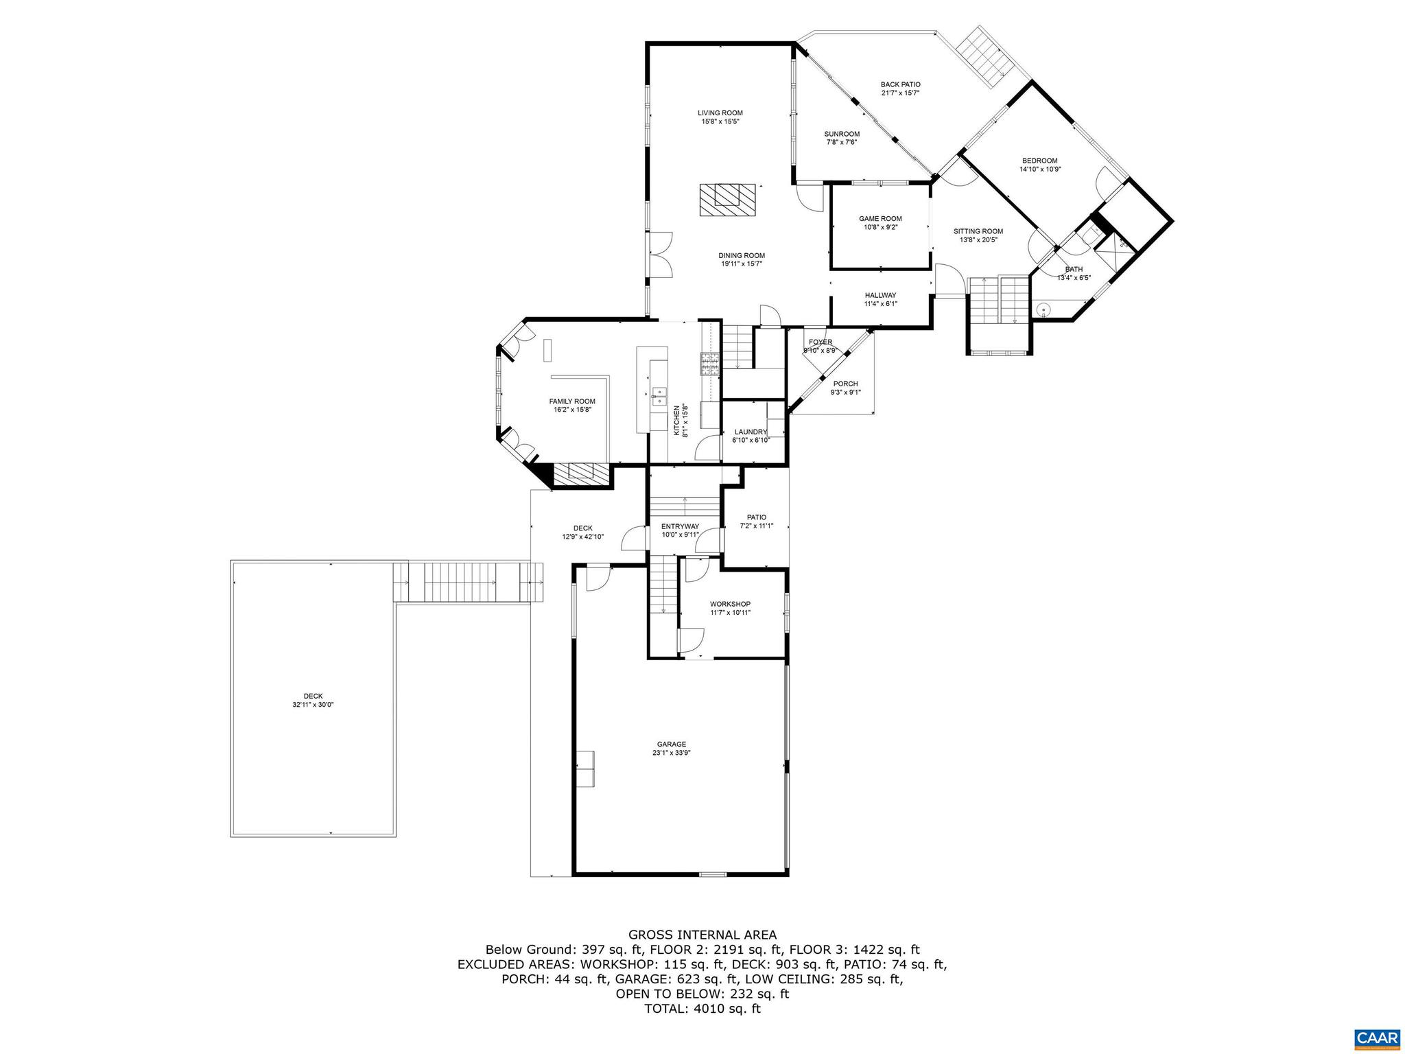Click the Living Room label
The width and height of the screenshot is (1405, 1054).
(x=720, y=113)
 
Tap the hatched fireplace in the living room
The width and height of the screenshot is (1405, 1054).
(x=727, y=200)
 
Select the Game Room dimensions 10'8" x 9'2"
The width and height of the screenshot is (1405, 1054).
(x=880, y=227)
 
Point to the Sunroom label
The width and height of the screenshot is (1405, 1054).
(x=842, y=134)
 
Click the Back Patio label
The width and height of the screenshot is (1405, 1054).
(x=900, y=84)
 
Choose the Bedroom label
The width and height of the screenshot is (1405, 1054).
(x=1039, y=161)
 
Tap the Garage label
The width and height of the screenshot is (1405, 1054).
(x=671, y=744)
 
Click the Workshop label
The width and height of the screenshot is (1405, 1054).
(x=730, y=604)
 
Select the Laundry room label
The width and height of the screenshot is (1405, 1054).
(x=751, y=432)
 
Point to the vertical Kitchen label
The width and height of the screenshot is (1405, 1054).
(x=676, y=421)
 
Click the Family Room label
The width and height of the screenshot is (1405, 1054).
(x=571, y=401)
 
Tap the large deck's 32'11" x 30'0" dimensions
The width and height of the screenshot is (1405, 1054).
(x=313, y=705)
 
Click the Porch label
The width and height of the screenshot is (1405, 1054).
(x=845, y=384)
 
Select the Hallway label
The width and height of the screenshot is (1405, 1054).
(x=880, y=295)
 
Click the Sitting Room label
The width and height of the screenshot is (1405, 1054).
(x=978, y=231)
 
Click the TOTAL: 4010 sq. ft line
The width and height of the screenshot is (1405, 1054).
(x=702, y=1009)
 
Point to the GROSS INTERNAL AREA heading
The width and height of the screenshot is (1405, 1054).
(x=702, y=935)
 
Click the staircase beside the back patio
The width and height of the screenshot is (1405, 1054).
(x=983, y=58)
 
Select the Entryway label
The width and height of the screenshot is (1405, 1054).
(x=680, y=526)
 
